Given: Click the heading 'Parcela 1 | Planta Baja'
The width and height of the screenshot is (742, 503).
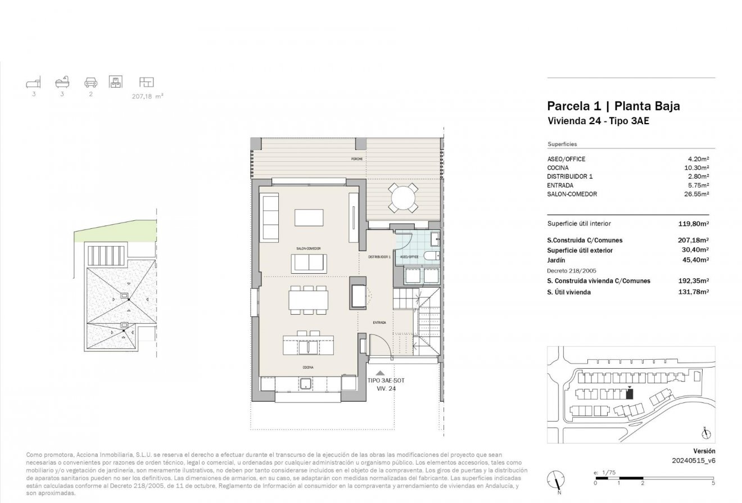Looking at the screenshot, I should pyautogui.click(x=613, y=106).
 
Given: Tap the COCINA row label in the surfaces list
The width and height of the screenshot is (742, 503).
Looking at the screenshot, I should pyautogui.click(x=558, y=167).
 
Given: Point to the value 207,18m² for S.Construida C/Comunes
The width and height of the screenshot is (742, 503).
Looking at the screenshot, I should pyautogui.click(x=694, y=240).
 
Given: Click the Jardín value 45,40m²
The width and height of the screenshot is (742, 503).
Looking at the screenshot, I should pyautogui.click(x=695, y=260).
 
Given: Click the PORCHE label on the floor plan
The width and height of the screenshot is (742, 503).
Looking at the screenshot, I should pyautogui.click(x=357, y=159).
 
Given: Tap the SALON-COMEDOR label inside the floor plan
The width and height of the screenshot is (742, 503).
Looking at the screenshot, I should pyautogui.click(x=308, y=248).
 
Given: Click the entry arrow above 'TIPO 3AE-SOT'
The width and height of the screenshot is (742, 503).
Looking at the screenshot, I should pyautogui.click(x=381, y=372).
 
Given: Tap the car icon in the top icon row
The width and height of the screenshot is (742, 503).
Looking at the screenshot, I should pyautogui.click(x=90, y=83).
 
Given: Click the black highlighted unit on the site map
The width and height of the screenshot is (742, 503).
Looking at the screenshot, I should pyautogui.click(x=629, y=394).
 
